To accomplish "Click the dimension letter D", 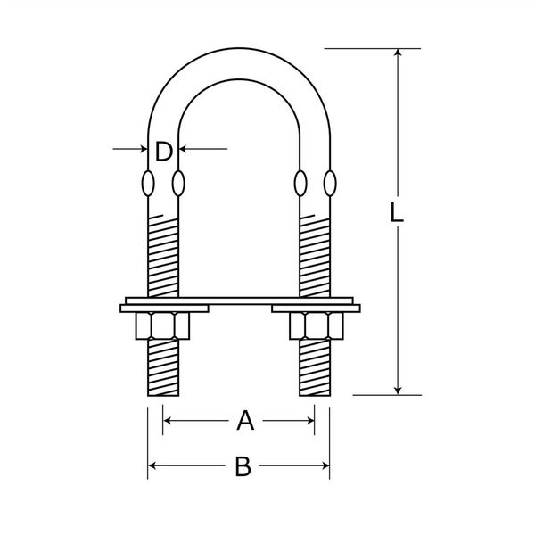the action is coord(164,152).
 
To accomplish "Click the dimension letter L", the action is coord(396,212).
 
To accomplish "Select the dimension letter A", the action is coord(245,421).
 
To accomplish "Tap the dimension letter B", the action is coord(243,466).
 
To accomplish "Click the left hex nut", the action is coord(163,325).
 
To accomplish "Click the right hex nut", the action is coord(317,325).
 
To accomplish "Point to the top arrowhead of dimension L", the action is coord(398,53).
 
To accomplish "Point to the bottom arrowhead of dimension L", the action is coord(398,391).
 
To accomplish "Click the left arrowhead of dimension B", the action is coord(152,465).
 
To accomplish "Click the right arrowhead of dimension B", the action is coord(325,465).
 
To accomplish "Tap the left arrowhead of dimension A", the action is coord(168,421).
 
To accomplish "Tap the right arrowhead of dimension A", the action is coord(310,421).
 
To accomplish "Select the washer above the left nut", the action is coord(164,309).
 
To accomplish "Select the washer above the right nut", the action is coord(316,309).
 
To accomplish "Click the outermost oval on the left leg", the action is coord(148,184).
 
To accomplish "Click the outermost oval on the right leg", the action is coord(330,184).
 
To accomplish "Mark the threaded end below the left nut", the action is coord(163,367).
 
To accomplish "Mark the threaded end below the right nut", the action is coord(315,367).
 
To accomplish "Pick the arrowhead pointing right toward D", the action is coord(144,149).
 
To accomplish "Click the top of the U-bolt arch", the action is coord(239,48).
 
